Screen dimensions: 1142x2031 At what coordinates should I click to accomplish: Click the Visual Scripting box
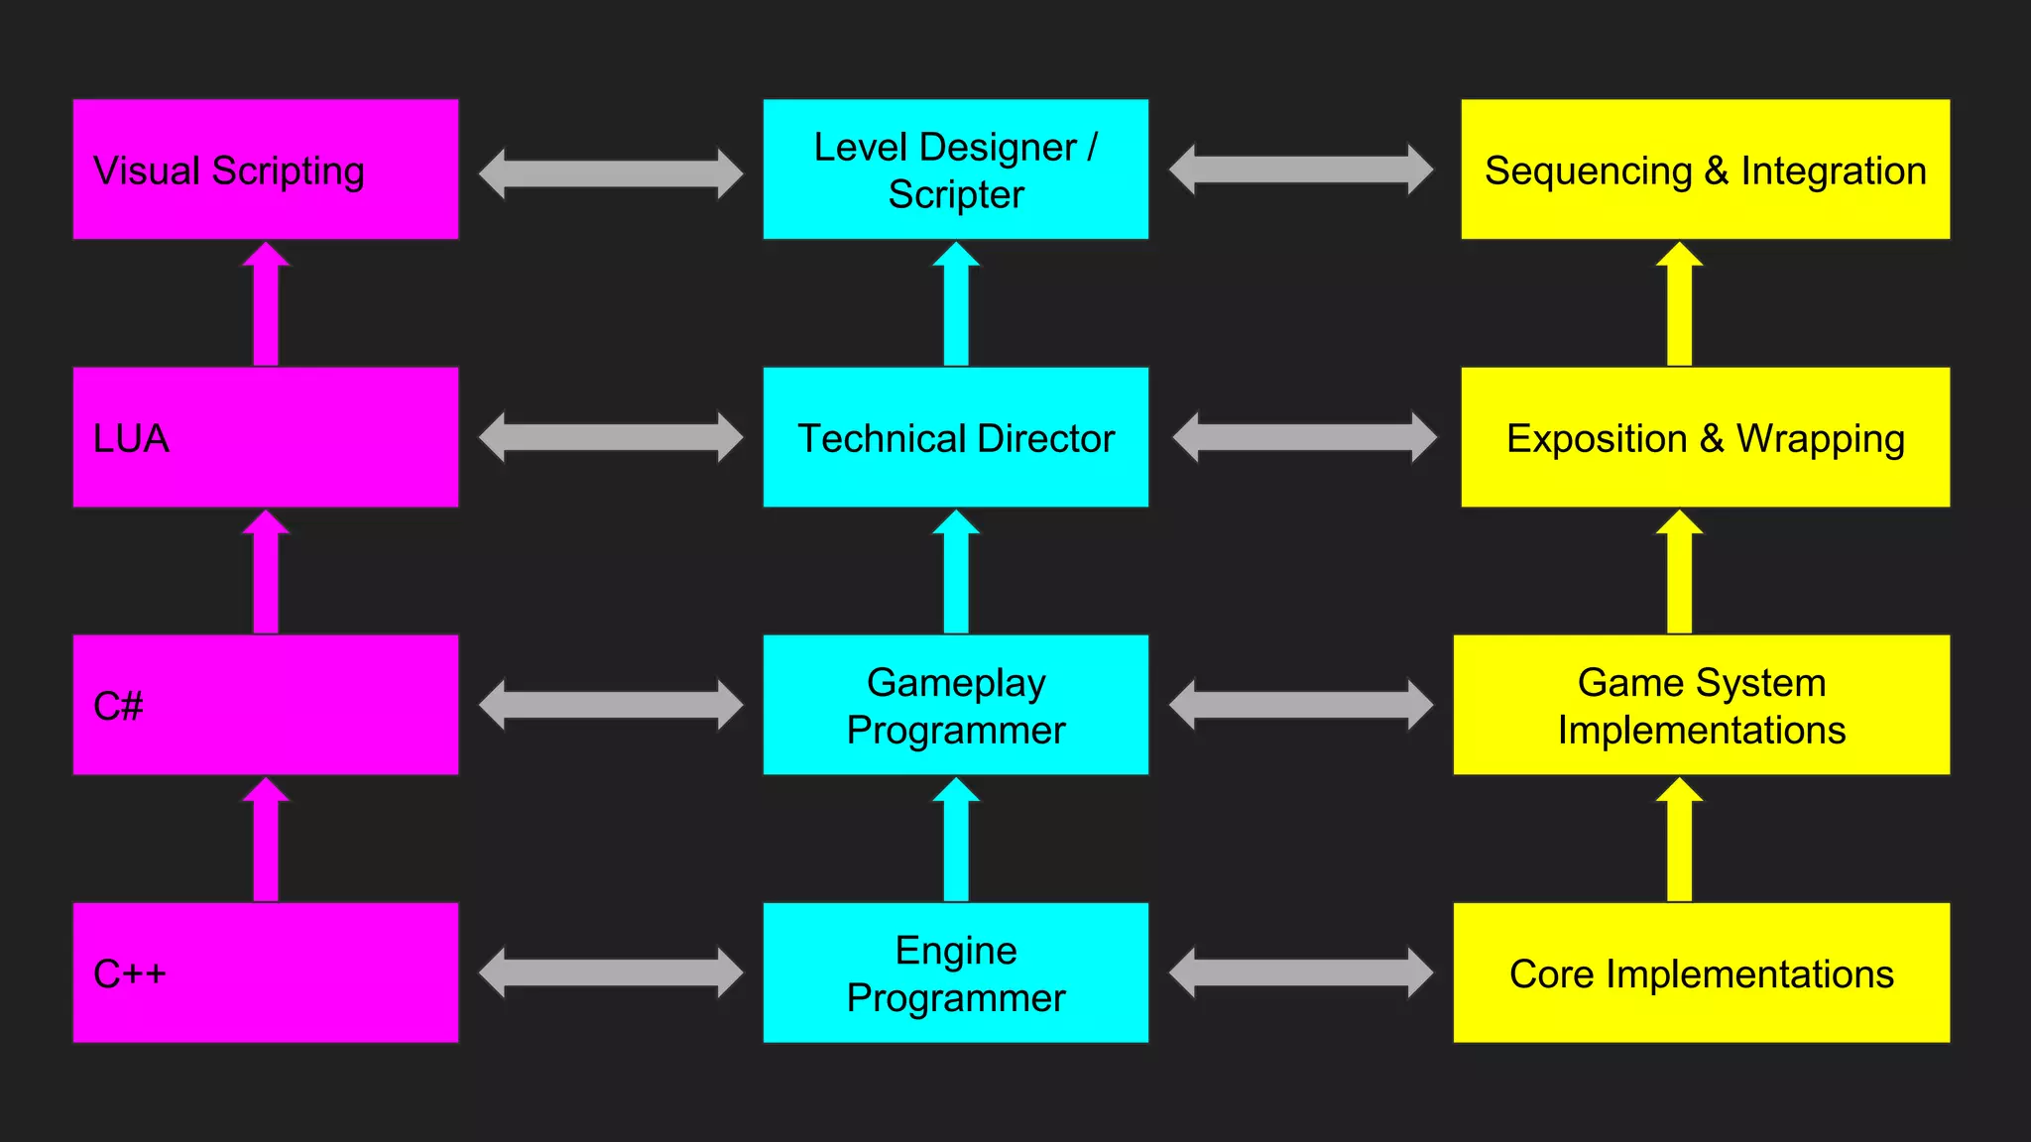pyautogui.click(x=266, y=170)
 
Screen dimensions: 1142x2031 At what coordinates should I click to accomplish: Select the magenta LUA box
pyautogui.click(x=266, y=437)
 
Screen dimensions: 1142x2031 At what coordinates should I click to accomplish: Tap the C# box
pyautogui.click(x=266, y=705)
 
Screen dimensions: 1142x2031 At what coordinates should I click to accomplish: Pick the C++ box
pyautogui.click(x=266, y=972)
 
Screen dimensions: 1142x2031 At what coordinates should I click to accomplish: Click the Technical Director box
pyautogui.click(x=955, y=437)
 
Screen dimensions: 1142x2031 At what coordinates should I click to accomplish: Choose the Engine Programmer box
pyautogui.click(x=955, y=972)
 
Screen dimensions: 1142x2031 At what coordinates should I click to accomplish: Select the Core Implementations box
pyautogui.click(x=1701, y=972)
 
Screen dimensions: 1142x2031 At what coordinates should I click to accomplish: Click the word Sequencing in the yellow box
pyautogui.click(x=1588, y=171)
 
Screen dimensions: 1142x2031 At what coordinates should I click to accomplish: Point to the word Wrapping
pyautogui.click(x=1820, y=439)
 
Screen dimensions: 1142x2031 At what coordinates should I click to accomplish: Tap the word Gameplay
pyautogui.click(x=956, y=682)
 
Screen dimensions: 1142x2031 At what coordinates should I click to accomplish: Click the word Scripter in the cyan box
pyautogui.click(x=956, y=195)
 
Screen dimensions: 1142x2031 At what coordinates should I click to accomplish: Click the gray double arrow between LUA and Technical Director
pyautogui.click(x=610, y=437)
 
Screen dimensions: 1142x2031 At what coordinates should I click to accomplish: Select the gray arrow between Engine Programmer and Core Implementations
pyautogui.click(x=1301, y=972)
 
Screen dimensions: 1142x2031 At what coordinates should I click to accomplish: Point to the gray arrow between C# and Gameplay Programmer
pyautogui.click(x=610, y=705)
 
